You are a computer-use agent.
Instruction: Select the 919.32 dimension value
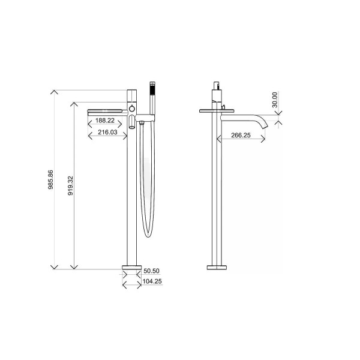tap(71, 186)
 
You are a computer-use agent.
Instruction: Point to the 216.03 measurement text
tap(107, 132)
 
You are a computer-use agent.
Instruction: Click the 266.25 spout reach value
tap(241, 136)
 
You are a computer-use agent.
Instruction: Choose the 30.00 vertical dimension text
tap(275, 100)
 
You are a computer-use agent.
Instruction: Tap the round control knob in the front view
tap(132, 109)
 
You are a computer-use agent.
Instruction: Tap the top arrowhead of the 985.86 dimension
tap(54, 91)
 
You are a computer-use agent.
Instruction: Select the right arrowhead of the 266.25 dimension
tap(263, 140)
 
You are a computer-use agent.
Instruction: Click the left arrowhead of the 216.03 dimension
tap(89, 136)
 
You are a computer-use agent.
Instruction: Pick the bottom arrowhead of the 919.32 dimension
tap(73, 267)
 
